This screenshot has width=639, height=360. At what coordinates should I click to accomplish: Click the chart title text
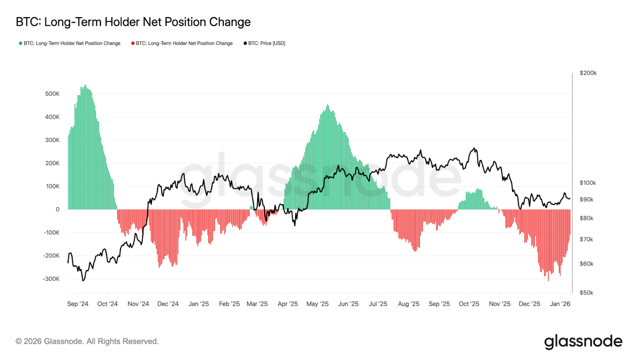[133, 22]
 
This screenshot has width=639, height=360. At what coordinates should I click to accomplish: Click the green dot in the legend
[20, 43]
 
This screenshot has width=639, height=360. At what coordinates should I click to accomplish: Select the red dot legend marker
[133, 43]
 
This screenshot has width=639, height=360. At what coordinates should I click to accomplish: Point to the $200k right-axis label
[588, 73]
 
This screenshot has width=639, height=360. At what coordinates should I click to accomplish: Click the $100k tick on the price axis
[587, 183]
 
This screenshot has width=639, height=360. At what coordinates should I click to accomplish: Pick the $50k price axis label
[586, 293]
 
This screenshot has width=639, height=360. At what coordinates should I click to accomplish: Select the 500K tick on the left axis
[52, 94]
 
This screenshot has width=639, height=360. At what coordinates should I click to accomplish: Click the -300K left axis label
[51, 279]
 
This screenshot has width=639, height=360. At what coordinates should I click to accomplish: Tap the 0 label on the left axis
[58, 209]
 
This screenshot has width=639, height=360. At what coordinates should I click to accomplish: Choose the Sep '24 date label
[77, 304]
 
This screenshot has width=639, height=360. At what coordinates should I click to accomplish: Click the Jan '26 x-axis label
[560, 304]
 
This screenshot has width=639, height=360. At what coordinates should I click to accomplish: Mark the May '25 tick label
[317, 304]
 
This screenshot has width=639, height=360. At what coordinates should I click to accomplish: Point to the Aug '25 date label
[408, 304]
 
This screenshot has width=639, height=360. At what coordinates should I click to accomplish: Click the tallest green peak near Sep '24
[85, 86]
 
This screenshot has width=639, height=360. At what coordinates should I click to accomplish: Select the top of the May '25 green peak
[327, 105]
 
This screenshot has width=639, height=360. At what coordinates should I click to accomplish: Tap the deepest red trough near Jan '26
[548, 280]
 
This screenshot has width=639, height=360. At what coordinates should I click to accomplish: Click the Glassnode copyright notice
[87, 342]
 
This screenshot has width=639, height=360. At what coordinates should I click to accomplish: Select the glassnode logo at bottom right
[583, 342]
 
